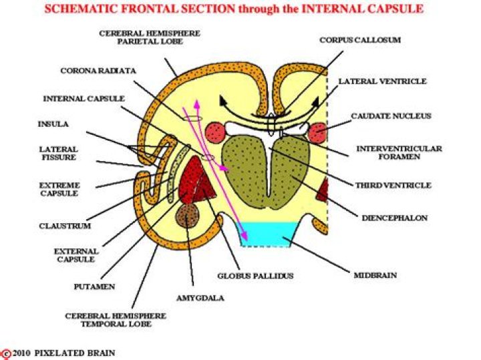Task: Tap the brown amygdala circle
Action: click(188, 214)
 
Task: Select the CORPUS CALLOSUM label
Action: click(360, 40)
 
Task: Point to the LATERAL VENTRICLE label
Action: click(382, 81)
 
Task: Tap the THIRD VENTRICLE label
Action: click(393, 185)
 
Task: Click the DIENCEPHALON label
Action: click(394, 218)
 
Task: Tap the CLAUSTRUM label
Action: click(64, 226)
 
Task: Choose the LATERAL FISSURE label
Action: click(57, 154)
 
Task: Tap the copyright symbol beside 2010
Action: click(6, 352)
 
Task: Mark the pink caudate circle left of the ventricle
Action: click(216, 132)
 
